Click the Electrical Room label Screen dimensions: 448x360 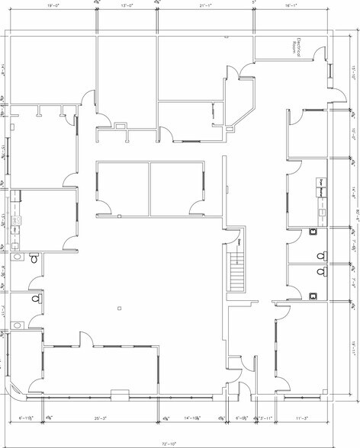pos(301,48)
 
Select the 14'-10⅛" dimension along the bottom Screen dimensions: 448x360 pos(194,419)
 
